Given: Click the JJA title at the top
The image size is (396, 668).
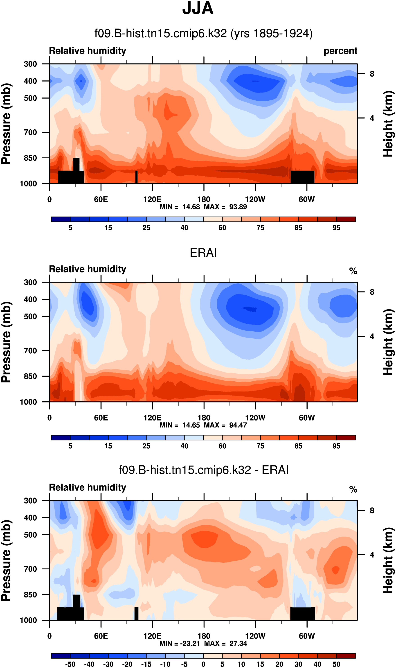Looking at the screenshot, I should (198, 9).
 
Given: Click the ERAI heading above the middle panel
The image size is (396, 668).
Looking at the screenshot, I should (203, 253).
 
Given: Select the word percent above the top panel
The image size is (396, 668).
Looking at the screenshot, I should (340, 51).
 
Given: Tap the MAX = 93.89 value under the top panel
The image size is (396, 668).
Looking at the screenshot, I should (225, 207).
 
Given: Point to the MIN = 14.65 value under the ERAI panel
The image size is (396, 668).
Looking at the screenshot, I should (180, 425).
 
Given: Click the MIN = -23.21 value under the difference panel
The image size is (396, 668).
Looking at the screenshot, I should (180, 644).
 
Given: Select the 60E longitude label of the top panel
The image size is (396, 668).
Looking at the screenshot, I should (101, 199).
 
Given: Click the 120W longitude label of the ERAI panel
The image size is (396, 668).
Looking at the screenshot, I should (255, 418).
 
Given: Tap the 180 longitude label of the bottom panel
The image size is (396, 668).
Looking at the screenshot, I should (204, 636).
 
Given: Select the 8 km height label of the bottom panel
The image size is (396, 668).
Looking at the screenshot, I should (372, 511).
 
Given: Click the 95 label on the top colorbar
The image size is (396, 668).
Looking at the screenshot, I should (336, 228).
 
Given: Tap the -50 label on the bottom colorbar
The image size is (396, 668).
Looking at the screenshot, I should (70, 664).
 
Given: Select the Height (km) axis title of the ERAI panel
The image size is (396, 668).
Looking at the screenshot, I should (389, 342).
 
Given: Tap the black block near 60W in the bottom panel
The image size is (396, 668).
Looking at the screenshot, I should (302, 614).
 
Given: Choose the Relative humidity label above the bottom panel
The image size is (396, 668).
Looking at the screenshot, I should (88, 487).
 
